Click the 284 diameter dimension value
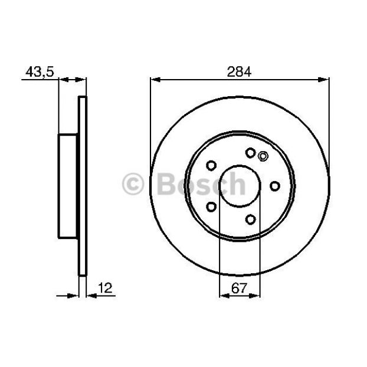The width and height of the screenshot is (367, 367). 239,71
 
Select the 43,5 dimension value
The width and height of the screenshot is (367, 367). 40,71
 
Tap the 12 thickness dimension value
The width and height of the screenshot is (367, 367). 105,288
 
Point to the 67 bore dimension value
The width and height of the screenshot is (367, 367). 239,288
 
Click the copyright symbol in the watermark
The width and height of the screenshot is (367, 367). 133,184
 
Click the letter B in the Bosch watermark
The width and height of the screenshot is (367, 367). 166,184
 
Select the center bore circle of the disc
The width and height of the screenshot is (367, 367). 240,186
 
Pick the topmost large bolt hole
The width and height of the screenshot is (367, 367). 250,153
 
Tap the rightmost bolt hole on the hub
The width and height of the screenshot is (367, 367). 275,186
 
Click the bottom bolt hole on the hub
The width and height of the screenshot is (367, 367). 250,219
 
